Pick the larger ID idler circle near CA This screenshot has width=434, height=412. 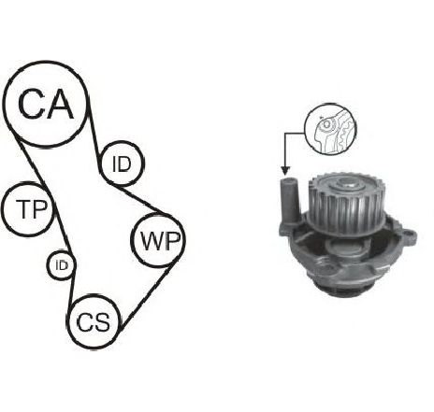tap(122, 143)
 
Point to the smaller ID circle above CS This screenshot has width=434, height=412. tap(62, 251)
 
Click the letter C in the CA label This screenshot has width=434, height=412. tap(31, 104)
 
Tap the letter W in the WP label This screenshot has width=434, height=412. tap(152, 241)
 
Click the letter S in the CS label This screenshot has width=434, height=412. tap(102, 321)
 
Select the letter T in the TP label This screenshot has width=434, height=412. tap(22, 208)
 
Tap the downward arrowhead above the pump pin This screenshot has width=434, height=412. tap(285, 170)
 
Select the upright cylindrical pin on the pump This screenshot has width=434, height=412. tap(289, 200)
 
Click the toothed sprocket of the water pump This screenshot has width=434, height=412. tap(346, 203)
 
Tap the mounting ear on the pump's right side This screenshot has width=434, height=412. tap(409, 236)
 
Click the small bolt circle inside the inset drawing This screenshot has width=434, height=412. tap(326, 124)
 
